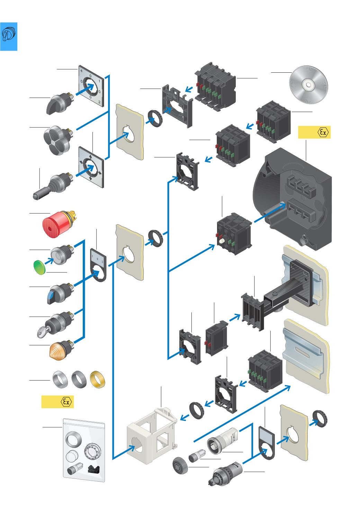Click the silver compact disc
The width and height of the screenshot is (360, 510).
coord(308,85)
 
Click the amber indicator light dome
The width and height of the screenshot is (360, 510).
coord(60,351)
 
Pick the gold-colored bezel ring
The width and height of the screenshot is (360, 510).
coord(97,379)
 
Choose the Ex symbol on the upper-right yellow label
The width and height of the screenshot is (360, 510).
coord(323,132)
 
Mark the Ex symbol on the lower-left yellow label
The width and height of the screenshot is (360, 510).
coord(66,402)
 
